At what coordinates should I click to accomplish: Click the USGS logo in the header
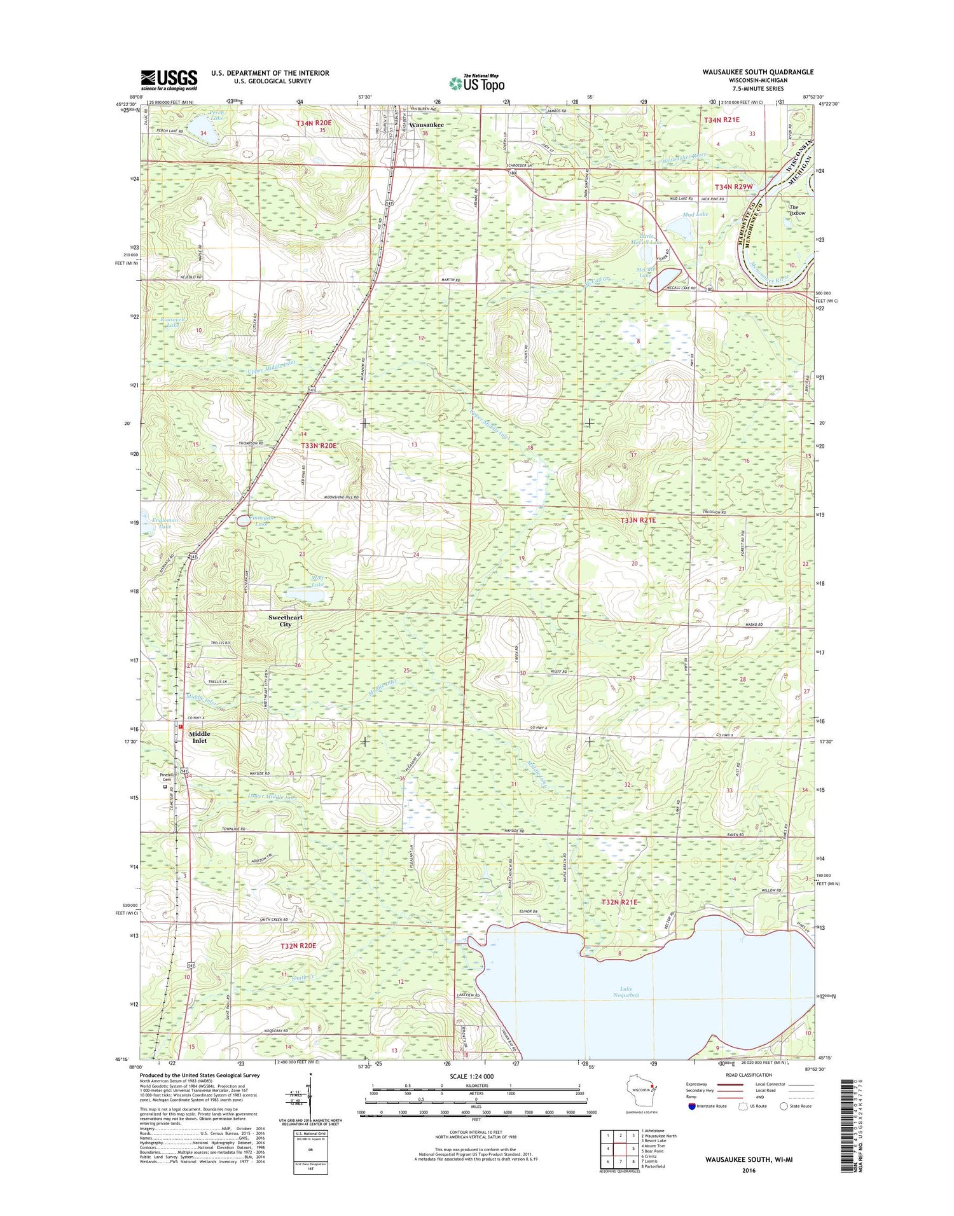pos(169,78)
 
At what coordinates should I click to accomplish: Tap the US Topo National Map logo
pos(477,83)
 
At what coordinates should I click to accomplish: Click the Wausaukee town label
pos(426,125)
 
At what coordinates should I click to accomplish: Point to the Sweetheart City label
pos(285,621)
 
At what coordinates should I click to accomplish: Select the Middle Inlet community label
pos(199,736)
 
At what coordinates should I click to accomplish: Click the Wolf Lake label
pos(317,581)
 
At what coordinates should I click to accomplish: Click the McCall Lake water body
pos(665,279)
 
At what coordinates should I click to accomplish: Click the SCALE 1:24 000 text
pos(475,1076)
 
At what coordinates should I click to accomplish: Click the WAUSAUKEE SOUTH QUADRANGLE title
pos(757,72)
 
